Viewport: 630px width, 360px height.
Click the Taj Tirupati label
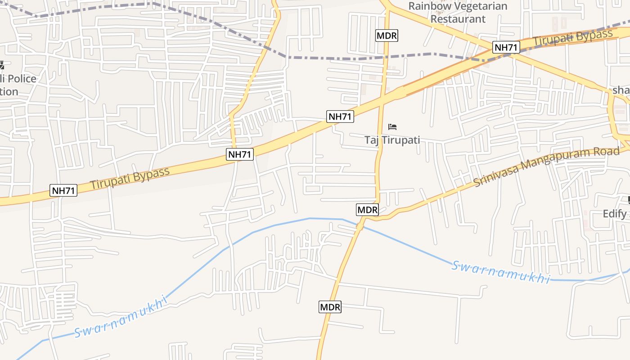point(392,140)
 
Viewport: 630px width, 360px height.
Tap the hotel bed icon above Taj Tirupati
point(392,127)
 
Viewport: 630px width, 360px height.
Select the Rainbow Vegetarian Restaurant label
point(458,13)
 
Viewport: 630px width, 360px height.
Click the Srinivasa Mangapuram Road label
point(546,167)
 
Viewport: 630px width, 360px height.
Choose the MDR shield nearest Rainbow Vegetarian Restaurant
point(387,36)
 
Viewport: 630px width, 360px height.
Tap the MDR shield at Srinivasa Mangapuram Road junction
point(368,209)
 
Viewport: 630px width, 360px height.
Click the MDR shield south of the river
point(330,307)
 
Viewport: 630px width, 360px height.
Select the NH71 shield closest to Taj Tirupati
point(340,117)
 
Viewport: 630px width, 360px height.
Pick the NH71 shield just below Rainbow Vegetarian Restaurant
point(506,47)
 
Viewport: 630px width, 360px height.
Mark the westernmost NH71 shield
point(63,190)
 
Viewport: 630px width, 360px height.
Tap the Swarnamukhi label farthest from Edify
point(121,317)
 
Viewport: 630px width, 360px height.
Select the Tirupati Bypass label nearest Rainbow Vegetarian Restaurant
point(573,37)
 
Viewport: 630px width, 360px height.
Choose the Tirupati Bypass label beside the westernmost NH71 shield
point(130,178)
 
